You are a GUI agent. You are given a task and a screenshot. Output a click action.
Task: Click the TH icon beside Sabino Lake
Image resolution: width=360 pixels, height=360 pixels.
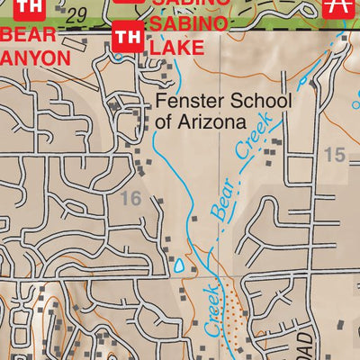tap(128, 38)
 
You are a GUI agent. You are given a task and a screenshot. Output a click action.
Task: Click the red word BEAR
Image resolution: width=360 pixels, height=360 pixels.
tap(29, 36)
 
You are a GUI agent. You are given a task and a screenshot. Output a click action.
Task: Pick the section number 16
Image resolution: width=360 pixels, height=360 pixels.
tap(130, 198)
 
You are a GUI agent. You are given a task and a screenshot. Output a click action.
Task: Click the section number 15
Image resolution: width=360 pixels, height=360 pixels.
tap(334, 155)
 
